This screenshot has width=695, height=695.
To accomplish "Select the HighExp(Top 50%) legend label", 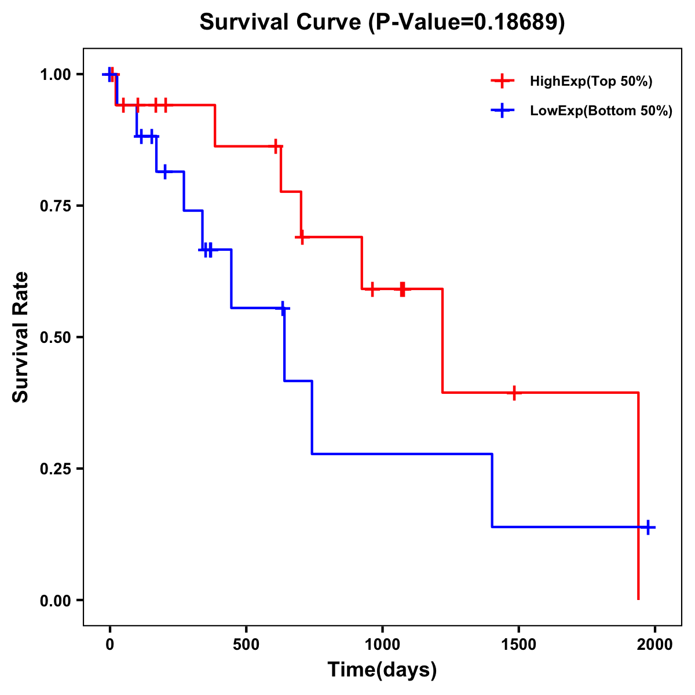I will tap(591, 82).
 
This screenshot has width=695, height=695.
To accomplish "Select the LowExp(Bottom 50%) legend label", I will tap(601, 111).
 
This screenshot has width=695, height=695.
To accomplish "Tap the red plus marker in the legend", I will tap(502, 81).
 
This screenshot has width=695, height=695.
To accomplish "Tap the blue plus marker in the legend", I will tap(502, 111).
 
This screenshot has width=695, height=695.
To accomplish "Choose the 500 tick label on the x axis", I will tap(246, 645).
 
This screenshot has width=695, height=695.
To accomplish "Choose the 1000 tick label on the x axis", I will tap(382, 645).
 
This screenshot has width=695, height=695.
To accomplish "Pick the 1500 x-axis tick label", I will tap(518, 645).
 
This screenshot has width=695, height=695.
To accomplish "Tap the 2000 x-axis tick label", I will tap(654, 645).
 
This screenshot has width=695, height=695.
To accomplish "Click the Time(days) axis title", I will tap(382, 670).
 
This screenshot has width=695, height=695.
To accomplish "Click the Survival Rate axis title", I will tap(21, 337).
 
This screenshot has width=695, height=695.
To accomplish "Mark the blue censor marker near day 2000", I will tap(648, 527).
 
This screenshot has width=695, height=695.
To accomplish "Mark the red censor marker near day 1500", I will tap(514, 393).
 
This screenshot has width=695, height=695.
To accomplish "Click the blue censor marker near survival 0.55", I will tap(283, 309).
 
